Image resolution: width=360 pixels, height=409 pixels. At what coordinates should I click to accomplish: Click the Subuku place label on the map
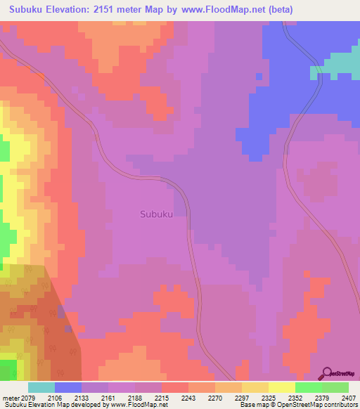[156, 214]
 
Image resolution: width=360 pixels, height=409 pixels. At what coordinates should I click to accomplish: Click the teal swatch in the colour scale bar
[41, 387]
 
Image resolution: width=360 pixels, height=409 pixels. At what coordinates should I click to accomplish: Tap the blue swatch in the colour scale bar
[67, 387]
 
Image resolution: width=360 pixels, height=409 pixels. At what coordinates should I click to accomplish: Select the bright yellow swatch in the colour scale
[281, 387]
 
